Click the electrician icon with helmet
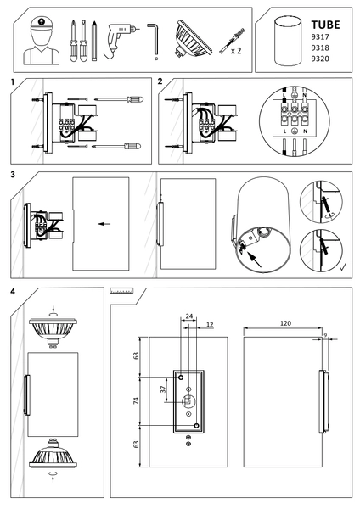[x=39, y=42]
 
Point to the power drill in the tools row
[x=118, y=39]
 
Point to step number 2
[x=161, y=81]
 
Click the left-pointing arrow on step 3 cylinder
[x=103, y=224]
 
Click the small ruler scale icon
[x=124, y=290]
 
